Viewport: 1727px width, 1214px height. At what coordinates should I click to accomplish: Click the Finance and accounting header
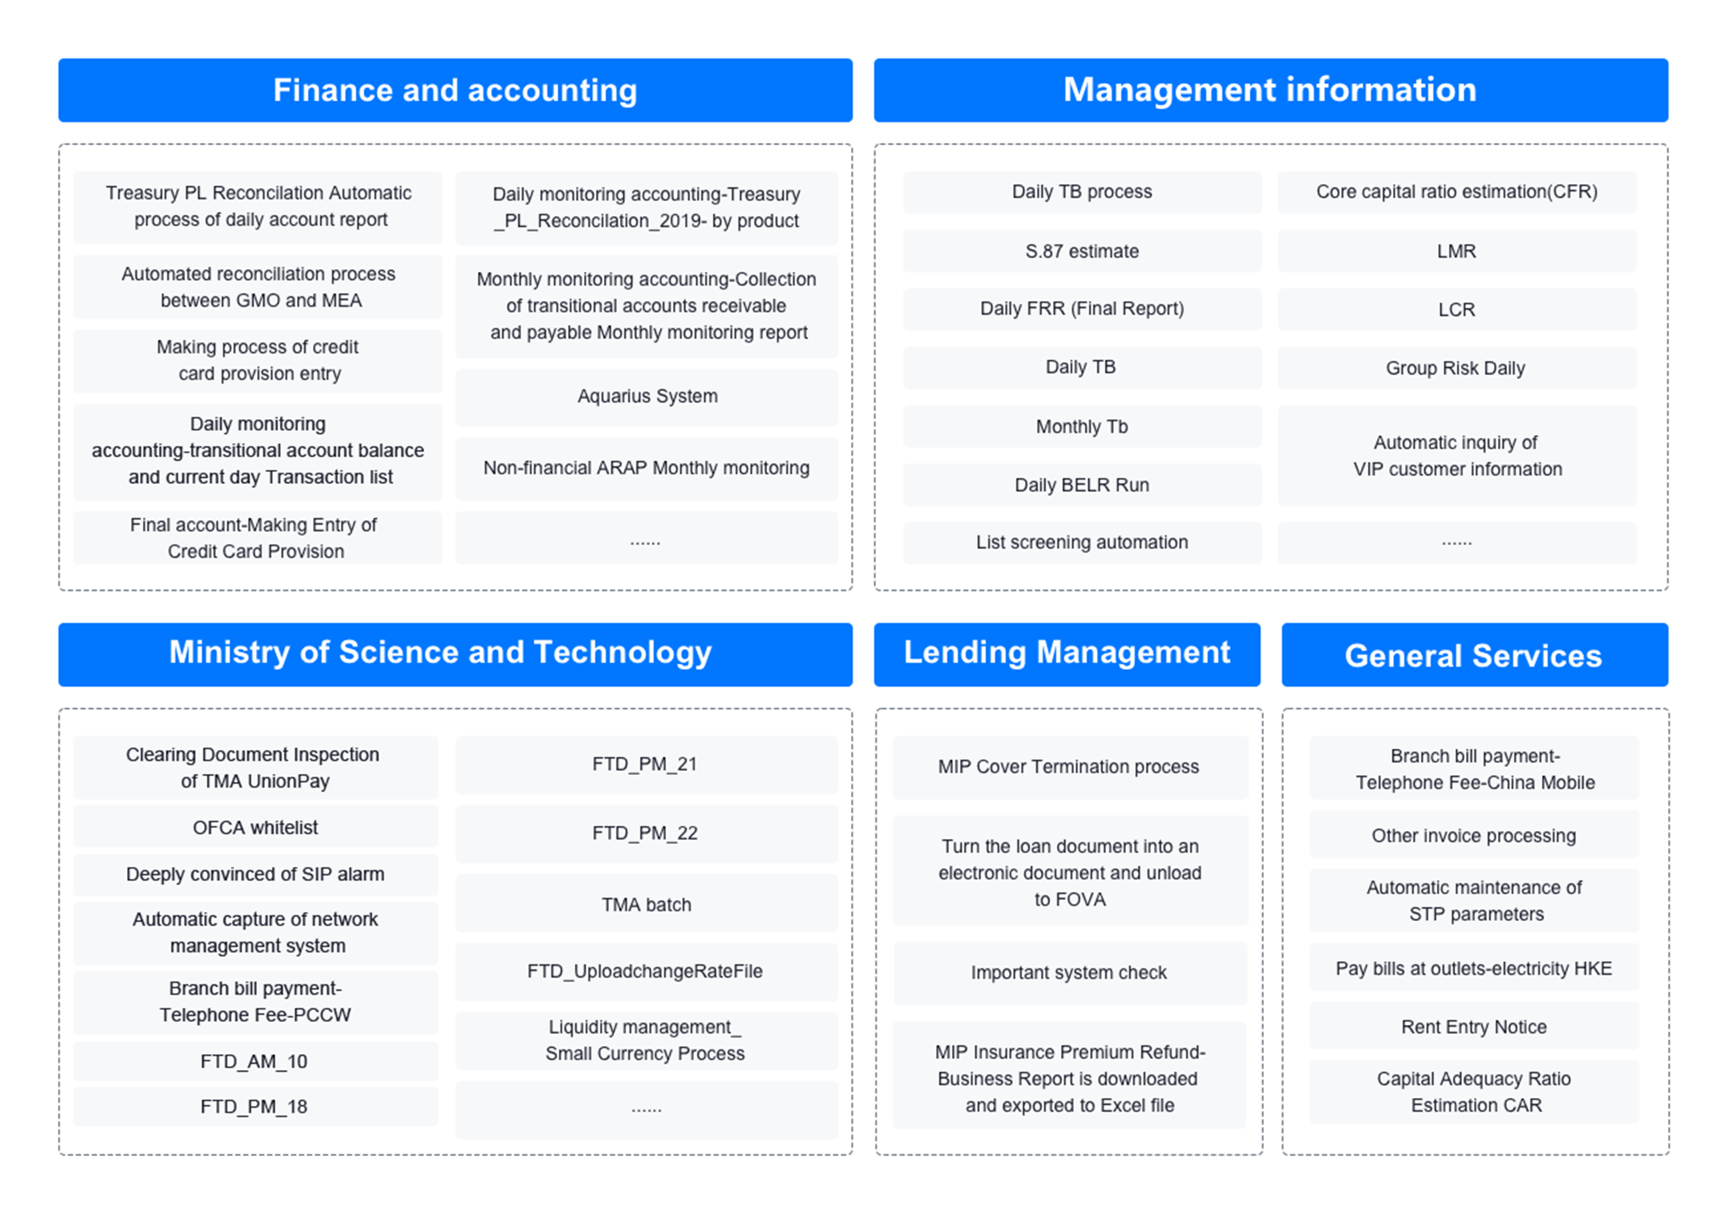(x=455, y=90)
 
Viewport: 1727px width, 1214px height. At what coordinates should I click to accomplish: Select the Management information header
(x=1271, y=90)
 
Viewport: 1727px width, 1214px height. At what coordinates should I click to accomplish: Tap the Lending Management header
(x=1067, y=653)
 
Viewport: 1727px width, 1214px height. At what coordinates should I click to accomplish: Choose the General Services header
(x=1475, y=655)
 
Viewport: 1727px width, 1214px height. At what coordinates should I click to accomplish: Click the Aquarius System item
(x=647, y=396)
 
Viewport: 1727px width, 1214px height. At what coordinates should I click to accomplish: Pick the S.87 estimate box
(x=1081, y=251)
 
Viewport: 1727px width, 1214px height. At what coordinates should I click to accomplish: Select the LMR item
(x=1456, y=251)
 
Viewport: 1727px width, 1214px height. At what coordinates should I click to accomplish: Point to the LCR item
(x=1456, y=309)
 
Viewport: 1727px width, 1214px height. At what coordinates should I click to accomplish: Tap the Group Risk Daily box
(x=1456, y=368)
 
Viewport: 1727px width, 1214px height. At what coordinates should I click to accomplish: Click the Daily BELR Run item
(x=1081, y=485)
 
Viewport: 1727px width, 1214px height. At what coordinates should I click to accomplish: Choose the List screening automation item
(x=1081, y=543)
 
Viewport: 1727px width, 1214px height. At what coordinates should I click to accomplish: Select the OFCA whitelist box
(x=255, y=827)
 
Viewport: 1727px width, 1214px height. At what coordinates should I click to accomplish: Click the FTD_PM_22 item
(x=646, y=833)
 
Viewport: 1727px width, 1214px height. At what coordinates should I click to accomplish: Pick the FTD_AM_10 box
(x=254, y=1061)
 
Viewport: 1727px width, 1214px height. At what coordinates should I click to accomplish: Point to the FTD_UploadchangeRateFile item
(x=646, y=971)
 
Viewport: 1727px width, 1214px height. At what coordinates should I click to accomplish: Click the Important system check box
(x=1069, y=972)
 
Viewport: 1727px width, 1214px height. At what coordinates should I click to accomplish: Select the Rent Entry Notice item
(x=1475, y=1027)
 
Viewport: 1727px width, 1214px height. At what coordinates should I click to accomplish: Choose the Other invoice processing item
(x=1475, y=835)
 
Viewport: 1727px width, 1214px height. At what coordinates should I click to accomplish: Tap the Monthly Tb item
(x=1081, y=426)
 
